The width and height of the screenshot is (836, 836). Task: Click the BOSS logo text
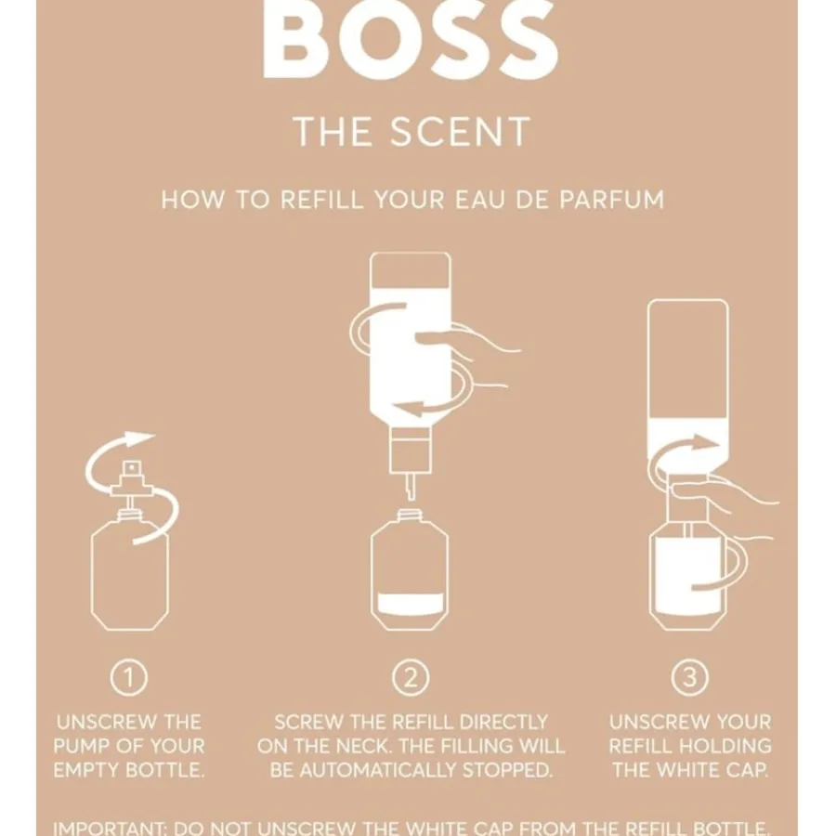point(411,42)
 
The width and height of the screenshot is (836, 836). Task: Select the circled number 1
point(129,679)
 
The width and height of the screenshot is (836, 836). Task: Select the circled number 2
point(410,679)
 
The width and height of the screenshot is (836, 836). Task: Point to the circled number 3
point(689,679)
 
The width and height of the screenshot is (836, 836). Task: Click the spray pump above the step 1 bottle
point(129,477)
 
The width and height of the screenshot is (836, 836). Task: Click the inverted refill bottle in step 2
point(410,344)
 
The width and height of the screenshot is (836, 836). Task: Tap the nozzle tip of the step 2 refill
point(409,488)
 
